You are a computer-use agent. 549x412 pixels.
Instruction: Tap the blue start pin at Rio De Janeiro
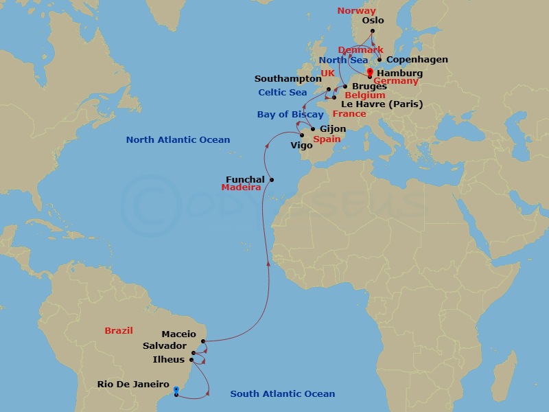[176, 391]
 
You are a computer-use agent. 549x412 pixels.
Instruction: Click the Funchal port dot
[272, 180]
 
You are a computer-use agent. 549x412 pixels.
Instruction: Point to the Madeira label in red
[241, 187]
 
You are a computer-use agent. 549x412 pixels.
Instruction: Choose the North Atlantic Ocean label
[178, 140]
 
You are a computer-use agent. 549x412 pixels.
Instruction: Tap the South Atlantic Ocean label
[283, 393]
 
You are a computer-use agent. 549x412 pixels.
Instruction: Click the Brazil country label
[119, 330]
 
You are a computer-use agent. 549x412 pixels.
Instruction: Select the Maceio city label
[178, 334]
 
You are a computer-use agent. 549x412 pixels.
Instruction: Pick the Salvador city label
[165, 346]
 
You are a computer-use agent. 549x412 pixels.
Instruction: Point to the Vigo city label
[301, 146]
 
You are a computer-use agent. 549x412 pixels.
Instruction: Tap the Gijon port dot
[313, 129]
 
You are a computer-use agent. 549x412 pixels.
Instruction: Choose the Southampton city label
[288, 79]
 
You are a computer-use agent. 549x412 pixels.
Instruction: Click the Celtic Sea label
[283, 93]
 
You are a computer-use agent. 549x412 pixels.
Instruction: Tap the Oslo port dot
[373, 31]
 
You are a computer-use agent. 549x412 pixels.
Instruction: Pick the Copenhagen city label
[417, 60]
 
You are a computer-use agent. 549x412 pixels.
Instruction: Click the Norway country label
[357, 11]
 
